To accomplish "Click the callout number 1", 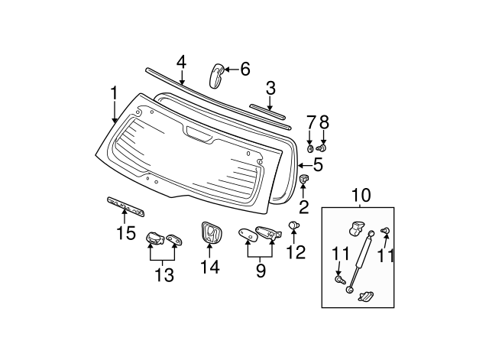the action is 115,93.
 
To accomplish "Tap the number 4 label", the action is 181,62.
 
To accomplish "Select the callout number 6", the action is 245,69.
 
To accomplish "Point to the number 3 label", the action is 270,89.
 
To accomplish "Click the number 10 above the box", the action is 361,195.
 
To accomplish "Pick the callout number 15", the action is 126,232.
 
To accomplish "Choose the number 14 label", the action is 210,267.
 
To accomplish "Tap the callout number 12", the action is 296,252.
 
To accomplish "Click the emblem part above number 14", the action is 211,232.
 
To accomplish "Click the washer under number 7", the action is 310,149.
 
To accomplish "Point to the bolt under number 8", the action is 322,148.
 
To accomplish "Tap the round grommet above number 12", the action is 293,225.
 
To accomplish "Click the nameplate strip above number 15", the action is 126,206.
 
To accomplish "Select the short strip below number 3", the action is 267,112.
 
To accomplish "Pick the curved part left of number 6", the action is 217,76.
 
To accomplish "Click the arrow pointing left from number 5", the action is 305,165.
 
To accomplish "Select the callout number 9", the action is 261,271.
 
